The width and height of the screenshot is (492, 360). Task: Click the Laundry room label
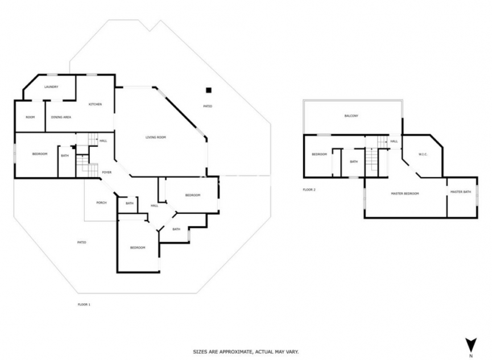click(x=51, y=88)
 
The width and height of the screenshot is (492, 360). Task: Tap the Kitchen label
click(x=95, y=104)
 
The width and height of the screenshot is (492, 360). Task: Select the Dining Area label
click(x=61, y=117)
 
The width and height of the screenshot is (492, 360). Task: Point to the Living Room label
click(x=155, y=137)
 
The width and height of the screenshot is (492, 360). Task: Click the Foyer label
click(x=106, y=172)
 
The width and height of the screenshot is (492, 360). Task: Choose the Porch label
click(x=101, y=202)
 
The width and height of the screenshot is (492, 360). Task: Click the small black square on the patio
click(x=209, y=90)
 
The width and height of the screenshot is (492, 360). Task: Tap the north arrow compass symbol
click(x=470, y=345)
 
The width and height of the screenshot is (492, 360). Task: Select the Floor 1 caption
click(x=84, y=305)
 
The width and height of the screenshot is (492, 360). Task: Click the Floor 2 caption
click(x=309, y=189)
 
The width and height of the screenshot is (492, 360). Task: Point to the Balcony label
click(x=351, y=116)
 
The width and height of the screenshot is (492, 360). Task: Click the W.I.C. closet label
click(x=423, y=154)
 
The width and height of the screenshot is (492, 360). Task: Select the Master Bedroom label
click(x=404, y=193)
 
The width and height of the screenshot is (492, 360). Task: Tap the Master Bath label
click(x=461, y=192)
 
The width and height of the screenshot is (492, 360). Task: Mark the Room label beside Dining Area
click(x=30, y=117)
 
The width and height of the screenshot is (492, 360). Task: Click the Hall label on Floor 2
click(x=394, y=141)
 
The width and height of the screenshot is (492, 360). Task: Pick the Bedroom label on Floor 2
click(x=319, y=154)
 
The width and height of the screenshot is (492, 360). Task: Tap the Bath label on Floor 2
click(x=354, y=162)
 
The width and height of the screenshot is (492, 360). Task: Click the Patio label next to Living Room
click(x=208, y=106)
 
